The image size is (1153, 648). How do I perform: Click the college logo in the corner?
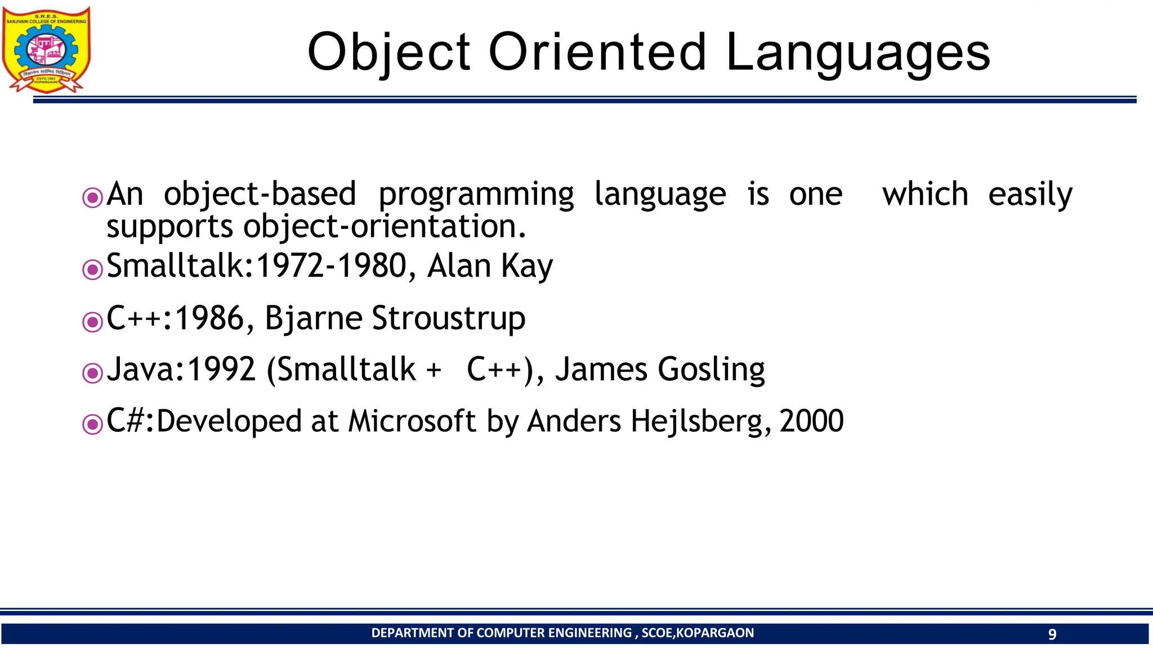(x=46, y=49)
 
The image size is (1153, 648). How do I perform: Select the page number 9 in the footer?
(x=1052, y=634)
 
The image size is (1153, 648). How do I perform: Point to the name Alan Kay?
(x=490, y=265)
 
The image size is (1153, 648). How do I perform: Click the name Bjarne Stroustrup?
(x=395, y=318)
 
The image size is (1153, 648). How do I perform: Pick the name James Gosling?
(x=660, y=370)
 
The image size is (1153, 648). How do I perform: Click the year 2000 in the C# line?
(x=811, y=421)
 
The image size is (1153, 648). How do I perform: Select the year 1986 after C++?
(x=209, y=318)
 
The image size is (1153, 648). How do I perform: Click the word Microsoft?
(x=412, y=421)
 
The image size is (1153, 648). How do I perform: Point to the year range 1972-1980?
(x=331, y=265)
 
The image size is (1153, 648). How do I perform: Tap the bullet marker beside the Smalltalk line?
(x=92, y=269)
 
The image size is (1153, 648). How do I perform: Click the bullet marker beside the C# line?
(x=92, y=424)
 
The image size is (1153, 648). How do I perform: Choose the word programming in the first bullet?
(x=476, y=195)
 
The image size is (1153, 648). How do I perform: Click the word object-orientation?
(x=385, y=227)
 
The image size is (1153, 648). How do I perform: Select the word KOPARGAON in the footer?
(x=714, y=633)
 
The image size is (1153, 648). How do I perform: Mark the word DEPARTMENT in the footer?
(x=413, y=633)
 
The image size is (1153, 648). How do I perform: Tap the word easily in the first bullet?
(x=1030, y=195)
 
